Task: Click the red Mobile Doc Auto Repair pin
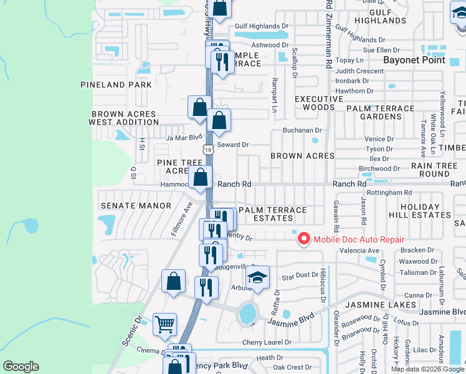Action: [304, 238]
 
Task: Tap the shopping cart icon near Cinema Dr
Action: [164, 324]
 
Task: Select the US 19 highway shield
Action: [208, 150]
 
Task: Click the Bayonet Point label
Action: [414, 60]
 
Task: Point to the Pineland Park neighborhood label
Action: [116, 84]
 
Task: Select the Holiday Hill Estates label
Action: [427, 211]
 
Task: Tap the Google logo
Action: [21, 367]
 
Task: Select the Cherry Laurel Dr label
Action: [267, 342]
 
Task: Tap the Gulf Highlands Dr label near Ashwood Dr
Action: [262, 26]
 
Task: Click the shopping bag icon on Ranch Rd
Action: [200, 178]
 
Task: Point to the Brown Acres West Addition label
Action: [122, 118]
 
